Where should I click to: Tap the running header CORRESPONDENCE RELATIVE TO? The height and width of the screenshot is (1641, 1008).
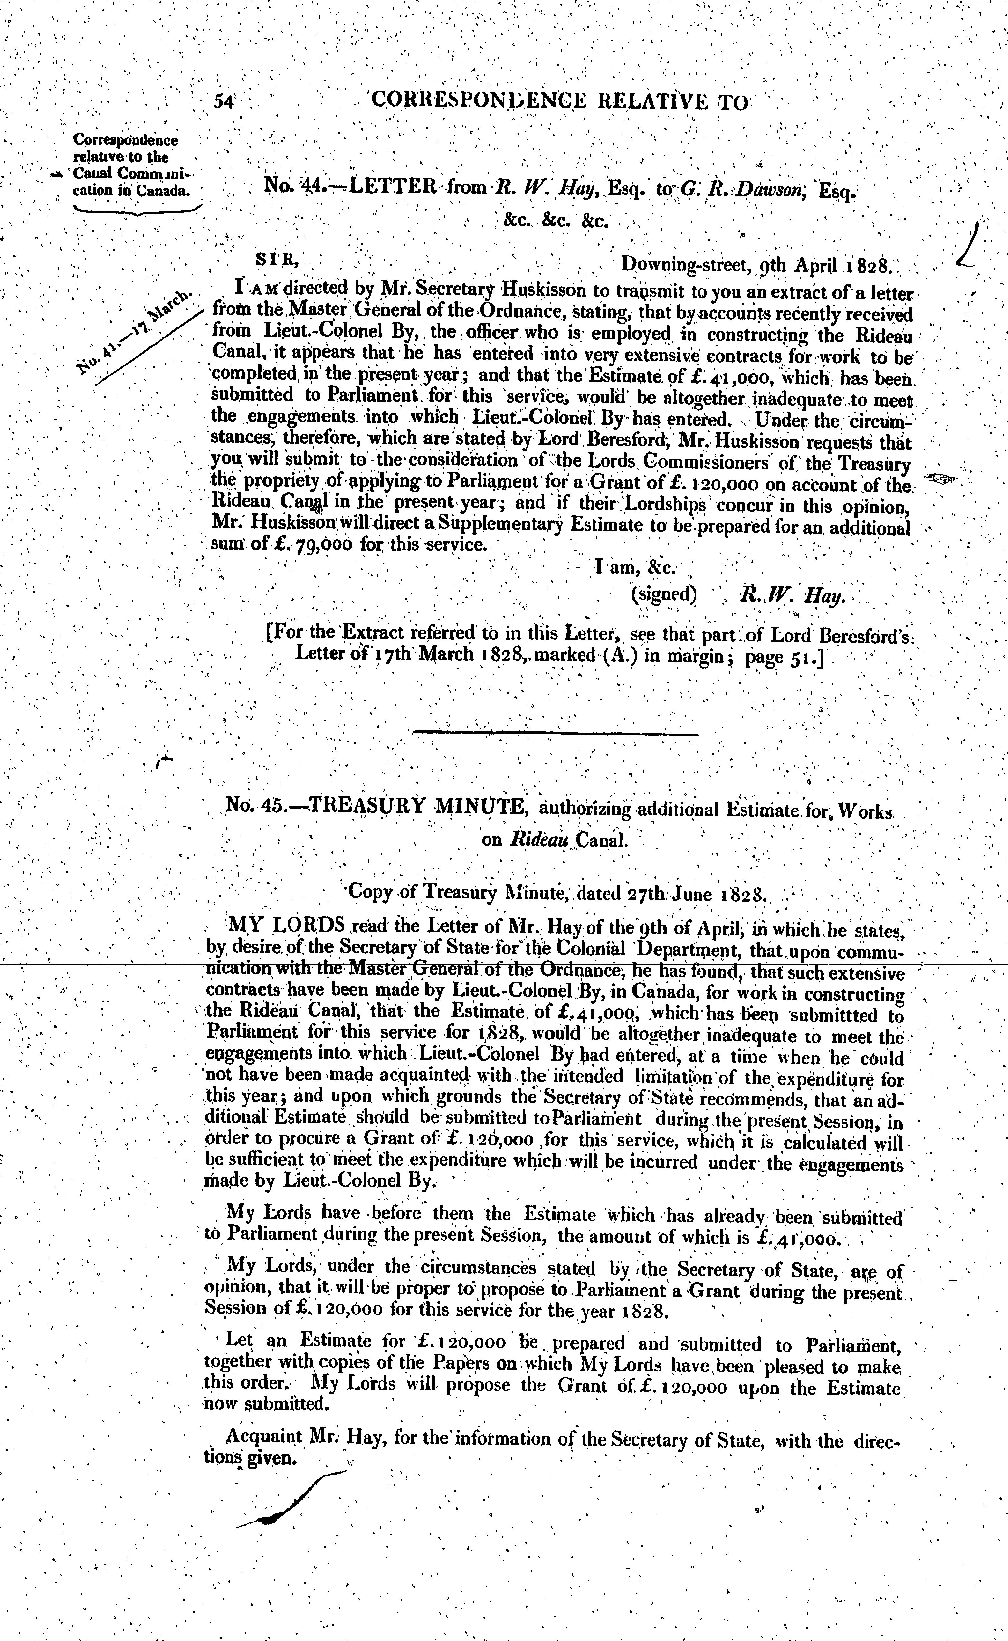(x=560, y=101)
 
